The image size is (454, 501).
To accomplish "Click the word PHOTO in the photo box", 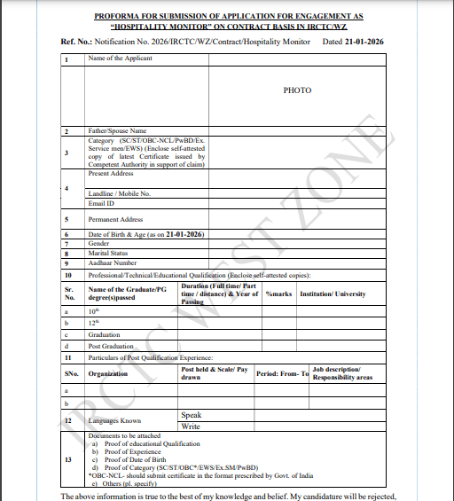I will tap(297, 90).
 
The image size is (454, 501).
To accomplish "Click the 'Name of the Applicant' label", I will tap(121, 59).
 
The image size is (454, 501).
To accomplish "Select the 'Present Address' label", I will tap(111, 174).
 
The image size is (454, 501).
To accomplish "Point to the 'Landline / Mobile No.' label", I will tap(120, 193).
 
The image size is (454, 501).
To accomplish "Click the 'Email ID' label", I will tap(103, 204).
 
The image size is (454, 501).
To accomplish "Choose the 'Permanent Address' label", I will tap(116, 220).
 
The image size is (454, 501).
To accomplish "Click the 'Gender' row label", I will tap(98, 243).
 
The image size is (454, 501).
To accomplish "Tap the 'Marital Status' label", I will tap(109, 253).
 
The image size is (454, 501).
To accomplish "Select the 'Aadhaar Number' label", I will tap(113, 263).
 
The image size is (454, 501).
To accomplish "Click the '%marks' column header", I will tap(278, 294).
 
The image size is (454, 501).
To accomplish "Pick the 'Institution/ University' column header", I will tap(333, 294).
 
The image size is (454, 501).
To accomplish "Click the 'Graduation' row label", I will tap(105, 335).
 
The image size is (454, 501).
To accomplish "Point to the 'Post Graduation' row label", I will tap(111, 346).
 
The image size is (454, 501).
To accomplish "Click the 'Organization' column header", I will tap(108, 374).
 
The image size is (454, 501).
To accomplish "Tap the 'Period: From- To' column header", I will tap(282, 374).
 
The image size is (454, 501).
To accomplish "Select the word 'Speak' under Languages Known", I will tap(191, 415).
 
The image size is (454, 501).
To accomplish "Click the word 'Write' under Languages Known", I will tap(191, 427).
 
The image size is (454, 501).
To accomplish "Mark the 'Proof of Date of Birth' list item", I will tap(138, 460).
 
